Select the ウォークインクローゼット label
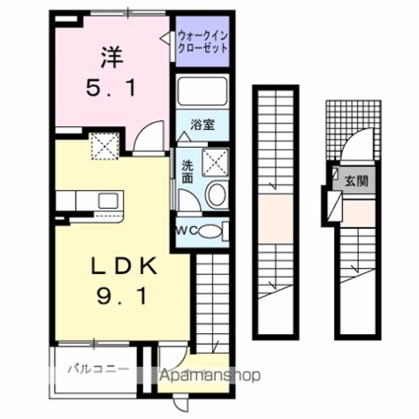coord(202,43)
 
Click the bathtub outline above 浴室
coord(203,93)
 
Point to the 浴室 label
coord(203,126)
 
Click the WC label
coord(187,231)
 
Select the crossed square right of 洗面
coord(214,164)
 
